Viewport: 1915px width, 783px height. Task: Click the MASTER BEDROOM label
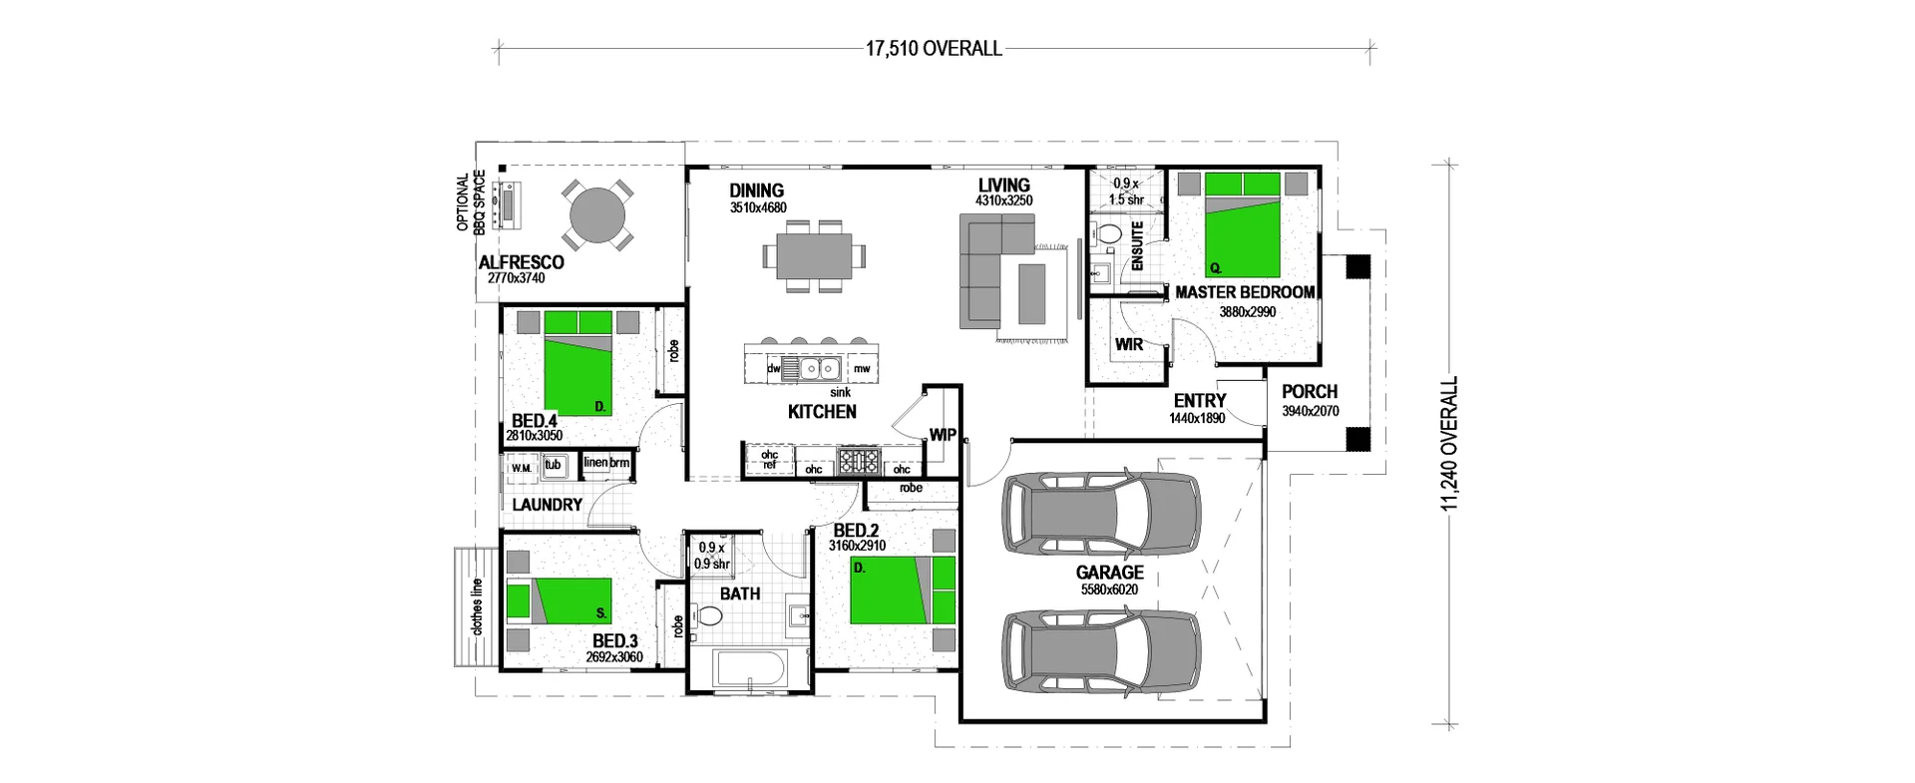tap(1245, 292)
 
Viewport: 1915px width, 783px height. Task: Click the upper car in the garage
tap(1101, 512)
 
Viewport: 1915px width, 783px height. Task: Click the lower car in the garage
tap(1101, 650)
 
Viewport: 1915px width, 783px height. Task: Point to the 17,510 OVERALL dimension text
tap(934, 49)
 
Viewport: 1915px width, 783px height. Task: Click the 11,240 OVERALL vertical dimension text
tap(1449, 443)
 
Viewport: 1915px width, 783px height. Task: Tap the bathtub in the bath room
tap(750, 669)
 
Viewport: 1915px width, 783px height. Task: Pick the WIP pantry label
tap(943, 435)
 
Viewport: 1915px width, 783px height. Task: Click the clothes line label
tap(478, 607)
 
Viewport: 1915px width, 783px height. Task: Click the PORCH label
tap(1310, 392)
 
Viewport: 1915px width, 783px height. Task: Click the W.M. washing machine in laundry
tap(521, 468)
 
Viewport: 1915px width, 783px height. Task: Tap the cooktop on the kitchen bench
tap(858, 461)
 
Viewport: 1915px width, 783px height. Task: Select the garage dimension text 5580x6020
tap(1109, 589)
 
